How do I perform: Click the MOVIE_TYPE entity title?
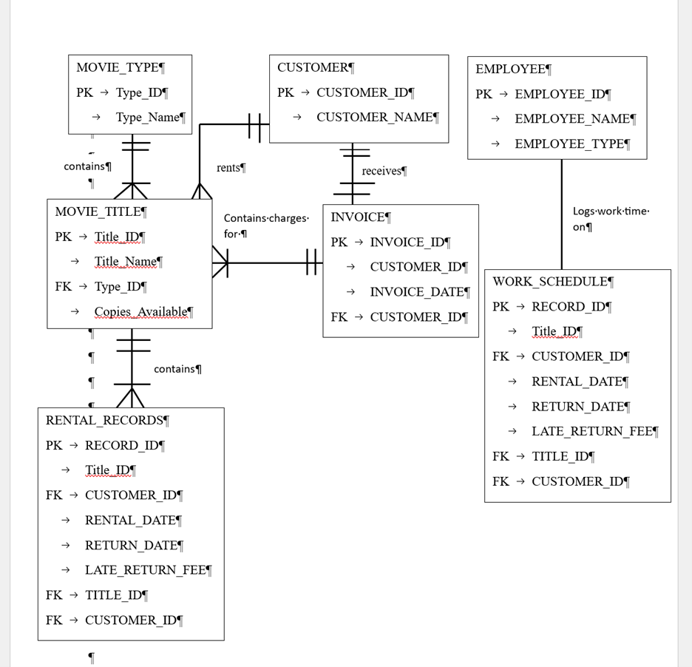118,67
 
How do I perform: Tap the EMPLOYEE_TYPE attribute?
570,143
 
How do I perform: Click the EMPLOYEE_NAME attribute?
573,118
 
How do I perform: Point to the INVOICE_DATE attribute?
417,291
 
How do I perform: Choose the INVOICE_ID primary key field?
407,242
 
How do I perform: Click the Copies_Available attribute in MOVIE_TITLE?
141,311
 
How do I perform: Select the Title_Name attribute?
126,261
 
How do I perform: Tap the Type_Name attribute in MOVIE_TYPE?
148,117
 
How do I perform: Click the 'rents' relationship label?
229,168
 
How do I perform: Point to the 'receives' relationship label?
382,171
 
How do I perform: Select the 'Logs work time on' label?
610,219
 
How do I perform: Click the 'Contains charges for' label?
265,226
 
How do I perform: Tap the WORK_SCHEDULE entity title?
551,282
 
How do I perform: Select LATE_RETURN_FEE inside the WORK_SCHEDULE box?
592,431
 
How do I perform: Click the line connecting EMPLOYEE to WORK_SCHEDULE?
562,214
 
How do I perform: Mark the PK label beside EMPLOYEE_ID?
484,94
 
